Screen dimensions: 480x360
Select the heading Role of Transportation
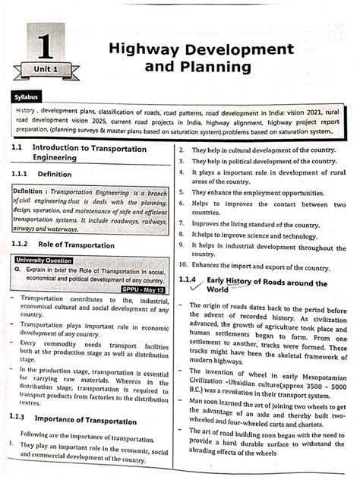click(75, 245)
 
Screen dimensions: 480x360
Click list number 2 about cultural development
click(182, 150)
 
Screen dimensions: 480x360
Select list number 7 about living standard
click(182, 224)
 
